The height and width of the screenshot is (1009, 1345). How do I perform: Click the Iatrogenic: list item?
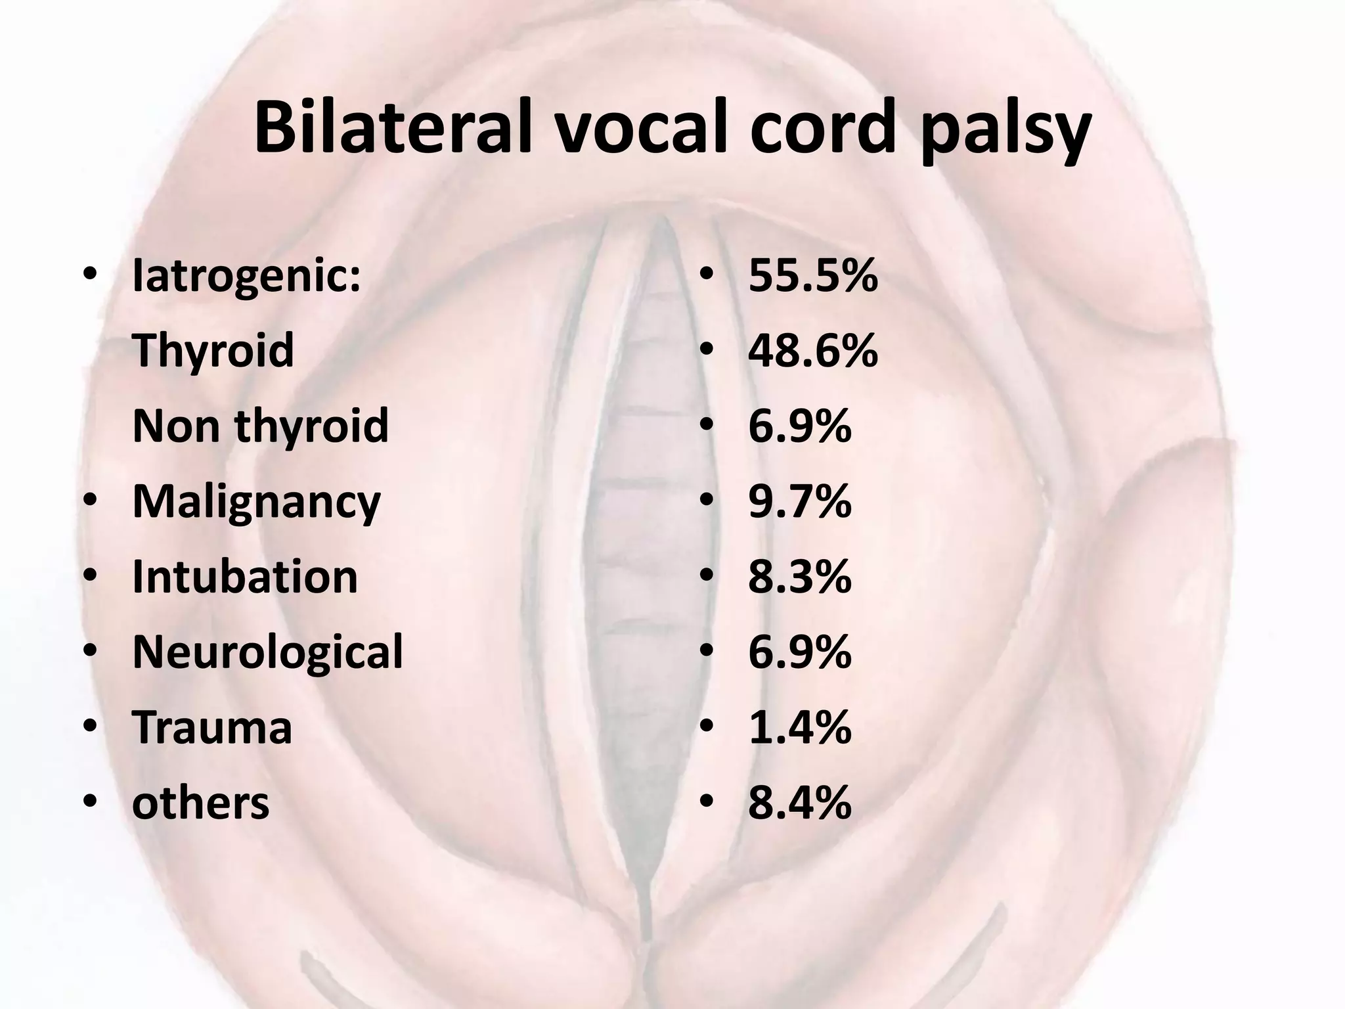(x=246, y=277)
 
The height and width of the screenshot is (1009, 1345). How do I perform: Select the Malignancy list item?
(x=256, y=503)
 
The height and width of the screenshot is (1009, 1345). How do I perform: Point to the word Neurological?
(x=267, y=653)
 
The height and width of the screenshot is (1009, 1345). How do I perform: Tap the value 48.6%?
(x=813, y=351)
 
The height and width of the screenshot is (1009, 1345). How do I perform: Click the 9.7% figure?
(x=799, y=502)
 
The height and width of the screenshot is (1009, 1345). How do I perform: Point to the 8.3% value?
(x=799, y=577)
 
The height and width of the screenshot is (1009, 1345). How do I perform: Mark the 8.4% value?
(x=799, y=803)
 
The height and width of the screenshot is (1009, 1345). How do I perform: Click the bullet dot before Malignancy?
(x=91, y=503)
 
